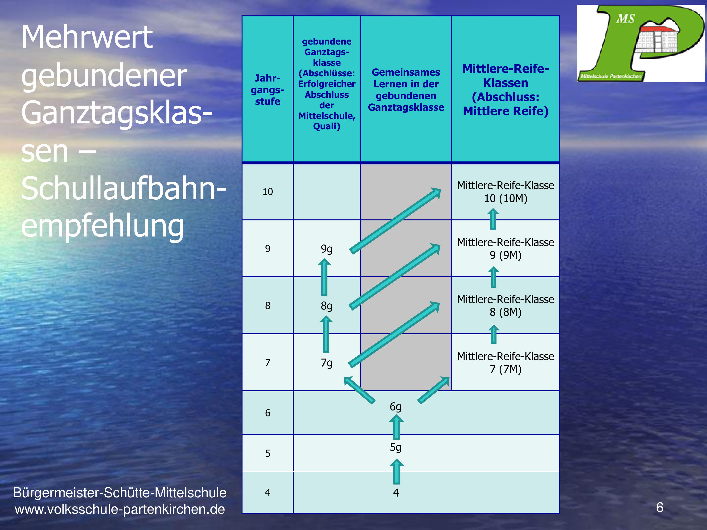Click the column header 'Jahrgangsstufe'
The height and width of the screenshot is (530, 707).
coord(267,90)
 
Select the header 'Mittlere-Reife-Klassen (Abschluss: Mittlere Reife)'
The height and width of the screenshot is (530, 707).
coord(506,90)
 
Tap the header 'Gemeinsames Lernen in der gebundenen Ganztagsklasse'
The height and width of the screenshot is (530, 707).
coord(406,90)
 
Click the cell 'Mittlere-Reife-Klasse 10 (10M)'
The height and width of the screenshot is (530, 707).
coord(506,192)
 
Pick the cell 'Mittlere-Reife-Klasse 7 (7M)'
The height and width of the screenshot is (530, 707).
coord(506,363)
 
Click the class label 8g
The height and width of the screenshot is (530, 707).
coord(327,306)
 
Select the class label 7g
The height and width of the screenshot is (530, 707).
coord(327,363)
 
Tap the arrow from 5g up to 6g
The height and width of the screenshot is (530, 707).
coord(396,427)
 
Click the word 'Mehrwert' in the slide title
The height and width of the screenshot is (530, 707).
coord(87,38)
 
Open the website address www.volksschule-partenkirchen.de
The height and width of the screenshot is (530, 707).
coord(120,509)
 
